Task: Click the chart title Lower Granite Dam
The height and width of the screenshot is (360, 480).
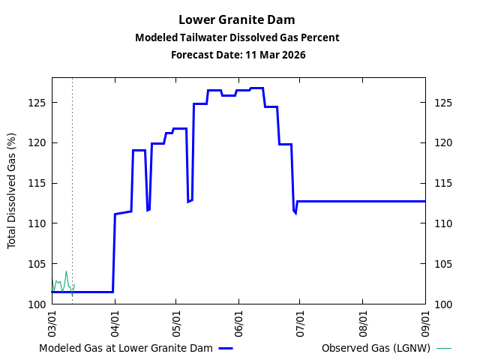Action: (237, 19)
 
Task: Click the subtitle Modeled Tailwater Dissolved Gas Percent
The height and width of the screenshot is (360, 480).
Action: (237, 37)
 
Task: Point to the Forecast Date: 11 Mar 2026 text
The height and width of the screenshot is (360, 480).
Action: (237, 55)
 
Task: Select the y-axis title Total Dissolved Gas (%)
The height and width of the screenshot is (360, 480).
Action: (12, 190)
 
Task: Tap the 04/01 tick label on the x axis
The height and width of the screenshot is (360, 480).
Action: (115, 319)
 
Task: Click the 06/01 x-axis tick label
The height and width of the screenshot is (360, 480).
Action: (238, 319)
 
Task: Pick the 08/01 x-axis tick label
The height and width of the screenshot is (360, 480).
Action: (363, 319)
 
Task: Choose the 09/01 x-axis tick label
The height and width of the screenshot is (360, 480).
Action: (425, 319)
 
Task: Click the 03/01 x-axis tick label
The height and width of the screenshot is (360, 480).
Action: (52, 319)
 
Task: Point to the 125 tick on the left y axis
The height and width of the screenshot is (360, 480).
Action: (37, 102)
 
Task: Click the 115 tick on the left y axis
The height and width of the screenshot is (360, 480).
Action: (37, 183)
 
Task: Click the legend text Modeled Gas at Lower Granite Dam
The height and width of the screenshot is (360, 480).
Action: (126, 348)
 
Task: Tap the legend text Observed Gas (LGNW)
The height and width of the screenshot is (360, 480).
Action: (376, 348)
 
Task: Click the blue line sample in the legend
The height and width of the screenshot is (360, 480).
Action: (226, 348)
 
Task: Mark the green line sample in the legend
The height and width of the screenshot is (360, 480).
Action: (444, 348)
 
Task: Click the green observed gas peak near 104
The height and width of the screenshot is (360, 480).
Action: (66, 271)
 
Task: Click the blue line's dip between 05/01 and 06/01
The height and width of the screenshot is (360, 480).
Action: (190, 201)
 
